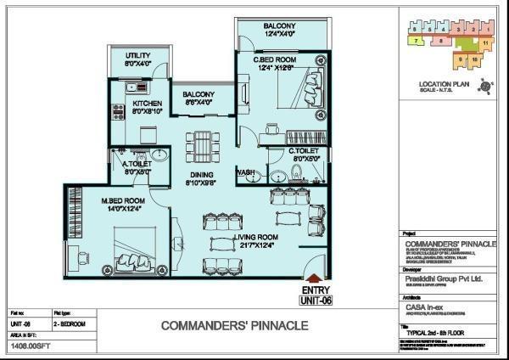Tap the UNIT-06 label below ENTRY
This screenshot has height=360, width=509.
click(316, 299)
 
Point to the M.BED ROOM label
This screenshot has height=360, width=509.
click(124, 201)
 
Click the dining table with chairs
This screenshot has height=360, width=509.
click(200, 144)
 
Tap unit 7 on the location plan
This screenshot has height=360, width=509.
click(417, 39)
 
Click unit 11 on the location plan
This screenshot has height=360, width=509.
click(484, 41)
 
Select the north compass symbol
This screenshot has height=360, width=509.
click(485, 86)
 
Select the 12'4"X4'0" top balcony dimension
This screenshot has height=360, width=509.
click(278, 35)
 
